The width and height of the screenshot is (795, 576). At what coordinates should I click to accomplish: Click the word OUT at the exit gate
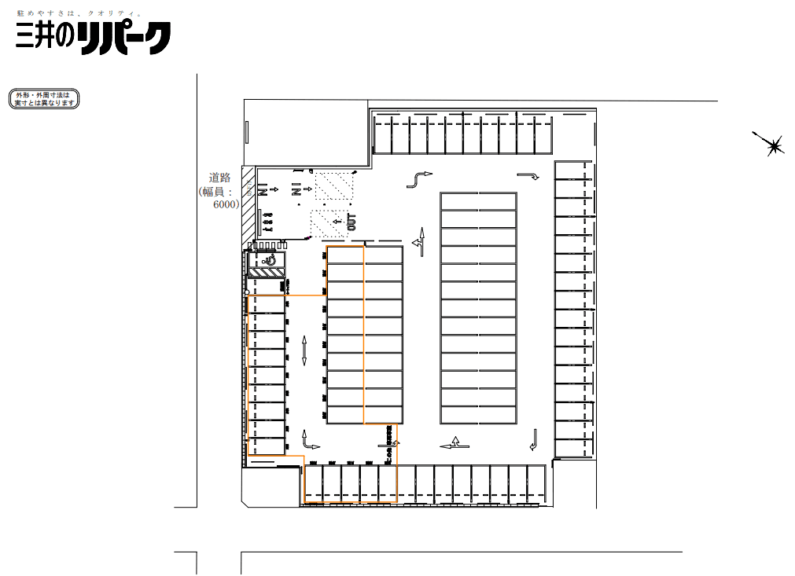(x=351, y=222)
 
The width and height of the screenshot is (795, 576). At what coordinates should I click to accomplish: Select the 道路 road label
(x=219, y=178)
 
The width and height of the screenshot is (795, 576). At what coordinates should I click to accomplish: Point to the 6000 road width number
(x=226, y=204)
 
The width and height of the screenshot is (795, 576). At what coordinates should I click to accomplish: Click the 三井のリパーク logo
(x=93, y=38)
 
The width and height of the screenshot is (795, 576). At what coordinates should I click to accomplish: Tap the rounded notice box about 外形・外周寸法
(x=44, y=99)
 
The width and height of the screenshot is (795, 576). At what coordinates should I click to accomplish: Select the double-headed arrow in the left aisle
(x=304, y=350)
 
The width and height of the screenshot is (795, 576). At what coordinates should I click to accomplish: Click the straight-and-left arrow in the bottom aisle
(x=455, y=445)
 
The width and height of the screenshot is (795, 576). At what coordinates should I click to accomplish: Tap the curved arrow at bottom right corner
(x=534, y=440)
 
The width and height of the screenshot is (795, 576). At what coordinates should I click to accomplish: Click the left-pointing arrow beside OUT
(x=337, y=222)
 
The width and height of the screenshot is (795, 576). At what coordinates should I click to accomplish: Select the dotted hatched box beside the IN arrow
(x=335, y=185)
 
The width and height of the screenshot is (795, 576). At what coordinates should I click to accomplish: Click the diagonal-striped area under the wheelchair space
(x=266, y=273)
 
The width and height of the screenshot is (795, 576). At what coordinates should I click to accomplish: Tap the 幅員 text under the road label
(x=217, y=191)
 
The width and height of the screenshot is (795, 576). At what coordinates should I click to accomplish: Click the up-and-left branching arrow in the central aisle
(x=421, y=241)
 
